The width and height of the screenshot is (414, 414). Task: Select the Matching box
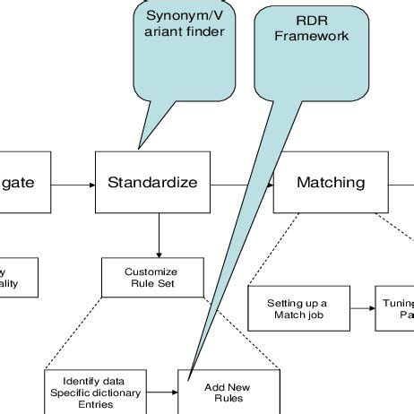pyautogui.click(x=331, y=183)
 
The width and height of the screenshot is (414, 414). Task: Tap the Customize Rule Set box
pyautogui.click(x=151, y=279)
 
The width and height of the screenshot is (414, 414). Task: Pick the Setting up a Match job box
pyautogui.click(x=297, y=309)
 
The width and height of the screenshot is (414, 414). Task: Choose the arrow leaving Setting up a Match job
pyautogui.click(x=361, y=309)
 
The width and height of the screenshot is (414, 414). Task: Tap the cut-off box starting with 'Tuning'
pyautogui.click(x=395, y=309)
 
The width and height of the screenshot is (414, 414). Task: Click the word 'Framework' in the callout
pyautogui.click(x=312, y=37)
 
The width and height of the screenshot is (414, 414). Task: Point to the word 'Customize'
pyautogui.click(x=151, y=272)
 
